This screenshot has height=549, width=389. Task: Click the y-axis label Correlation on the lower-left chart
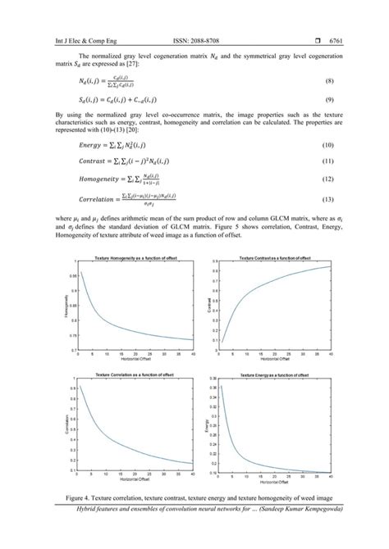[66, 424]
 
